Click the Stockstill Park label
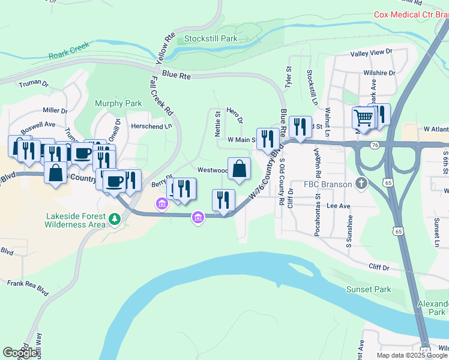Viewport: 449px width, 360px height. (x=211, y=38)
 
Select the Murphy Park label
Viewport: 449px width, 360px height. (x=118, y=103)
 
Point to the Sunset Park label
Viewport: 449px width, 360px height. (x=368, y=289)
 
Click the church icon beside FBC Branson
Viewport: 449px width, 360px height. (x=361, y=184)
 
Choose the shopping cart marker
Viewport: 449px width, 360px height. (x=363, y=117)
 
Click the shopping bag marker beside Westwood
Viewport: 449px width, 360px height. (x=239, y=169)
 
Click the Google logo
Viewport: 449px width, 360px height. (x=20, y=353)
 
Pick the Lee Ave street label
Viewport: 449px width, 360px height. (x=338, y=205)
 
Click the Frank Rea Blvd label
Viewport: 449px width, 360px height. (x=27, y=287)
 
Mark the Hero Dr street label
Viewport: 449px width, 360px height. (x=234, y=116)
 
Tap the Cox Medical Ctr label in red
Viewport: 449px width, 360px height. (x=411, y=14)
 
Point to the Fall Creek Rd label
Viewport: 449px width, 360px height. (x=161, y=95)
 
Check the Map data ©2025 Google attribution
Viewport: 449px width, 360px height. (x=411, y=355)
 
